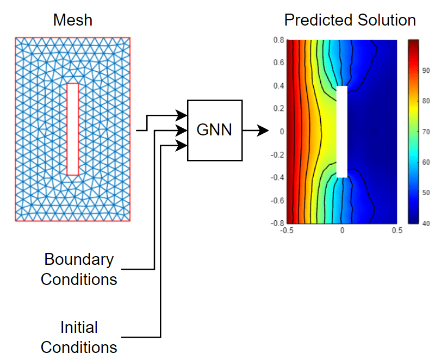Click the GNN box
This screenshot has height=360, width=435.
tap(215, 131)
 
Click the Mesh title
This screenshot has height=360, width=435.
tap(73, 21)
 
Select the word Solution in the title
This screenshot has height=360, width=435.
tap(385, 21)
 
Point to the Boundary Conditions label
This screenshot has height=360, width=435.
tap(79, 269)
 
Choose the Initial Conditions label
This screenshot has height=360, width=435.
tap(79, 337)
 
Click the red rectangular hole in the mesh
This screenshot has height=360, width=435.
tap(72, 129)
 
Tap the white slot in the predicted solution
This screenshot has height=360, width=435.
tap(342, 131)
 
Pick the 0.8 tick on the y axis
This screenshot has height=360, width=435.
tap(278, 40)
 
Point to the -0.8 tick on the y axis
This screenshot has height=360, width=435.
tap(277, 223)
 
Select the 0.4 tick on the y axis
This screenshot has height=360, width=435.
tap(278, 85)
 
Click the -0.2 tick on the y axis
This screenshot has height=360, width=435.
tap(277, 154)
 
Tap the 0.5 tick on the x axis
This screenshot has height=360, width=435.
tap(397, 231)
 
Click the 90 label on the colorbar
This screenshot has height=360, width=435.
tap(426, 70)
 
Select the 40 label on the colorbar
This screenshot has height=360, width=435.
tap(426, 223)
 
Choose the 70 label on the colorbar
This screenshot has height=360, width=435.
tap(426, 132)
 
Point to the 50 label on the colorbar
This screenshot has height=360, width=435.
tap(426, 193)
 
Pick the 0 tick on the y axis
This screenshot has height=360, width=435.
tap(281, 131)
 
